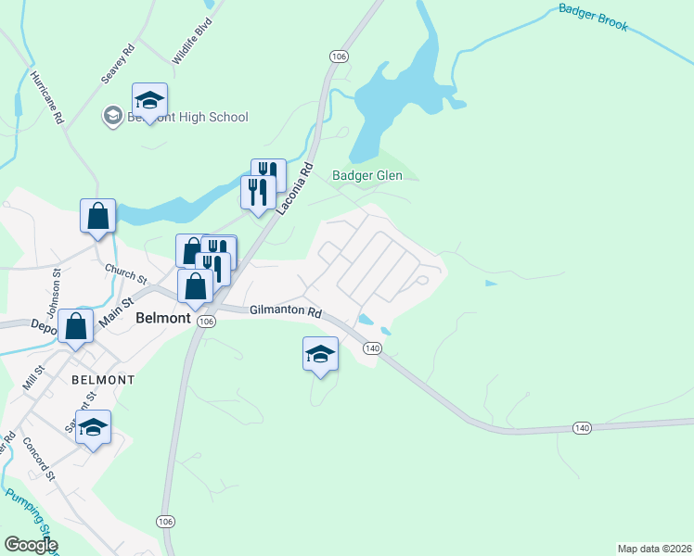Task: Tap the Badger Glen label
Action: point(367,175)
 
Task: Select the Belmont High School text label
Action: point(188,117)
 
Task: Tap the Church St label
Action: point(126,274)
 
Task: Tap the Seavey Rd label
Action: point(119,62)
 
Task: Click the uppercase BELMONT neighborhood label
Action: point(103,380)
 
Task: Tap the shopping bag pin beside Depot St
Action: point(75,326)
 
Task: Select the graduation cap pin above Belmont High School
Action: point(149,99)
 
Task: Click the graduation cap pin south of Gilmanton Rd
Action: point(320,354)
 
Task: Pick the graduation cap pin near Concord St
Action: point(93,427)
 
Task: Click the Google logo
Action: point(31,545)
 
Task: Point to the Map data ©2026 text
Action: point(654,548)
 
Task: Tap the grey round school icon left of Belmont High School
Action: point(112,116)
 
